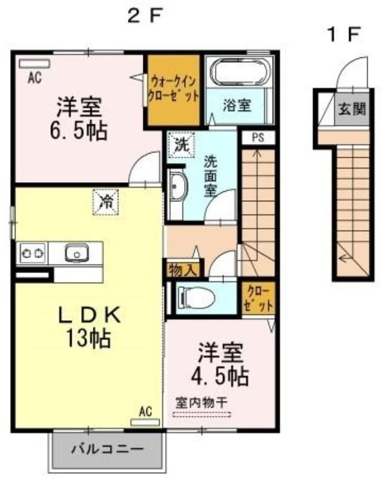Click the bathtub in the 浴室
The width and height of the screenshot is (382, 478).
(240, 72)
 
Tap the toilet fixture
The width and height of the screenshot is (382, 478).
(196, 298)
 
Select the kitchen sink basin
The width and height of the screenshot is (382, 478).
(77, 253)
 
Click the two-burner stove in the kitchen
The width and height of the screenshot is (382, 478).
(33, 253)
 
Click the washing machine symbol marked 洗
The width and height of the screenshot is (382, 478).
(181, 145)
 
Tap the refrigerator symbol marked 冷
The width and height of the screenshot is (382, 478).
(105, 202)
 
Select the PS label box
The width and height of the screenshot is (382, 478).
(258, 137)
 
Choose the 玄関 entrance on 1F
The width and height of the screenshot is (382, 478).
(352, 109)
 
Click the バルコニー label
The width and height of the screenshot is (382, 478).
(108, 449)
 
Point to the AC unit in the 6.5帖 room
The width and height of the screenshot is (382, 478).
(34, 64)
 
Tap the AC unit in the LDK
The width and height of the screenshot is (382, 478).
(145, 422)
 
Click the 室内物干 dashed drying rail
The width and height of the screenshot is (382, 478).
(201, 415)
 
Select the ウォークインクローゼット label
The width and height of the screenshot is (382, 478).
(173, 89)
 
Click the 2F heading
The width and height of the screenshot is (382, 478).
(143, 16)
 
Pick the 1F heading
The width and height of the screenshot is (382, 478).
(344, 35)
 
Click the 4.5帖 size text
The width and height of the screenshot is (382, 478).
(219, 376)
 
